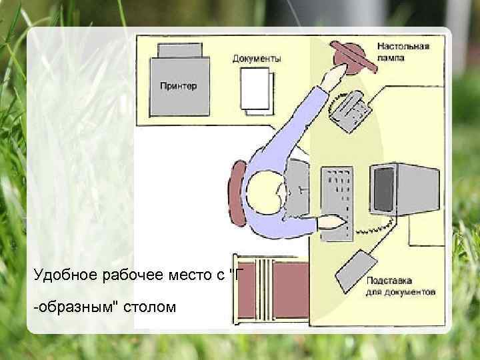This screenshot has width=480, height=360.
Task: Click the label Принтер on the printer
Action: (x=177, y=87)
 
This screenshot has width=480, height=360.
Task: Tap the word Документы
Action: (x=257, y=59)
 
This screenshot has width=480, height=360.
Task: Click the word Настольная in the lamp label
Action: (x=403, y=47)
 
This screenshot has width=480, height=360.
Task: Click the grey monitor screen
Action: (x=385, y=188)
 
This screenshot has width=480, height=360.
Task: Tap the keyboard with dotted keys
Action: (x=335, y=197)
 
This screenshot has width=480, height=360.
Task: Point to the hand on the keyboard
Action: (x=334, y=221)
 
